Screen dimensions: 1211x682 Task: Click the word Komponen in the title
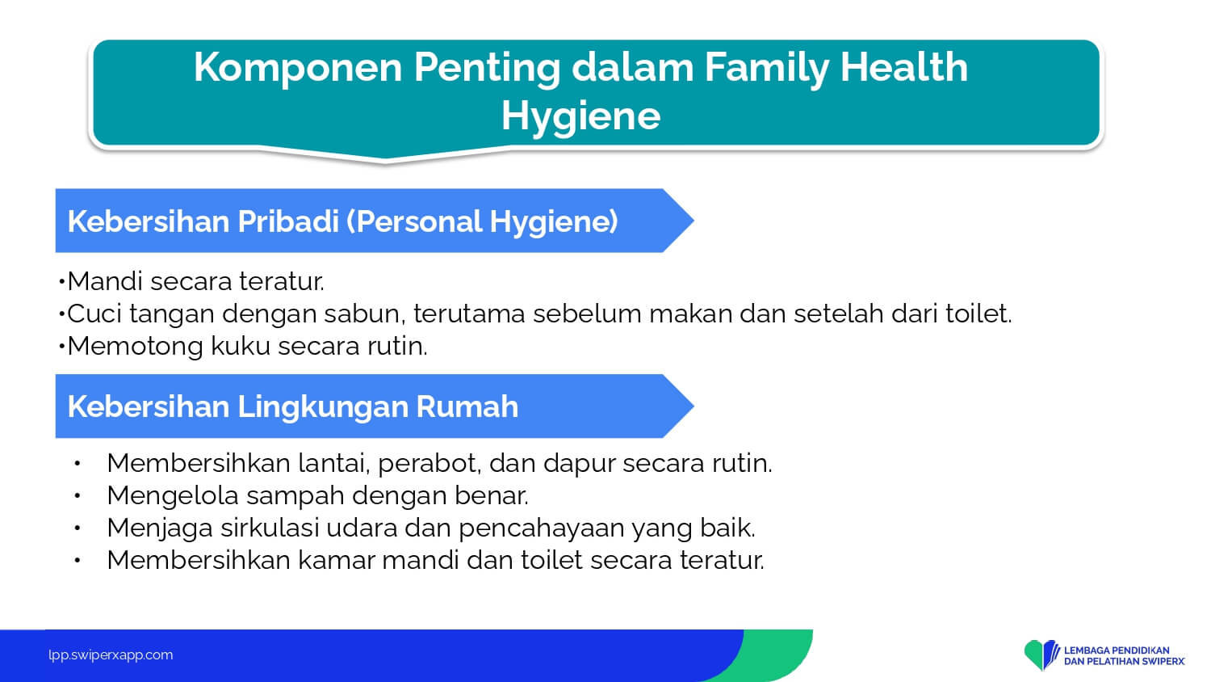click(x=298, y=69)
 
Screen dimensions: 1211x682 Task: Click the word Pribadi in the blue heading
click(x=288, y=221)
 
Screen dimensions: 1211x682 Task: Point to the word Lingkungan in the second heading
click(x=323, y=407)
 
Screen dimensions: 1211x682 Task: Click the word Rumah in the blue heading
click(x=467, y=406)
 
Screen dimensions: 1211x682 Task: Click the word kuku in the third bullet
click(x=241, y=346)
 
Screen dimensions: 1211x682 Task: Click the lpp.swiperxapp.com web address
click(x=111, y=655)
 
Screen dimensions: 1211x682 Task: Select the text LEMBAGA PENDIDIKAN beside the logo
click(x=1117, y=650)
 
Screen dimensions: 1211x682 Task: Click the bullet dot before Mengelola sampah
click(x=78, y=496)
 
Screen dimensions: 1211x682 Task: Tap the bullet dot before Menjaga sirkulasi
click(x=78, y=528)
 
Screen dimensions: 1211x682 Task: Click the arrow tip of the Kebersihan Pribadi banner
click(x=693, y=221)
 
